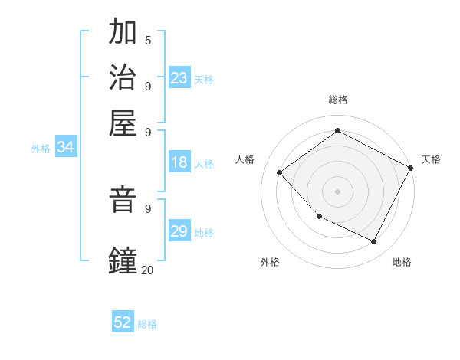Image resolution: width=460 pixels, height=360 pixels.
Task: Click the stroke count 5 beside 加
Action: point(148,40)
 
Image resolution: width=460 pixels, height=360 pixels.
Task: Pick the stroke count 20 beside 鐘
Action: point(147,270)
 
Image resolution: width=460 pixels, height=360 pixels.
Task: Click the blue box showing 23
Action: point(179,77)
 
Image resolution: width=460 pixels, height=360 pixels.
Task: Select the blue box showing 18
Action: point(179,162)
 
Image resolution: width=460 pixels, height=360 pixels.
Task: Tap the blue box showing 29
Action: point(179,231)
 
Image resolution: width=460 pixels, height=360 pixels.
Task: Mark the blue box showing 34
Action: point(65,148)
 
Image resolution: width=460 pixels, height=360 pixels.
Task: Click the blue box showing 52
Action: point(123,322)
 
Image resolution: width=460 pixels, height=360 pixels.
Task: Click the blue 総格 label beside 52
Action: point(147,324)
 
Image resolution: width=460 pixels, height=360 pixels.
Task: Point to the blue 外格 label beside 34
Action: point(41,149)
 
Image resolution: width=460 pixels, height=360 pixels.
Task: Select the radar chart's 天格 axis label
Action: point(431,159)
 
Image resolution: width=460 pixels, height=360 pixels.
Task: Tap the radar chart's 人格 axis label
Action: point(245,159)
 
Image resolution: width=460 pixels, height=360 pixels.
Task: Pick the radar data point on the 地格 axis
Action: point(374,242)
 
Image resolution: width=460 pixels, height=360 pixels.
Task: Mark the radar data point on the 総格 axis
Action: point(337,131)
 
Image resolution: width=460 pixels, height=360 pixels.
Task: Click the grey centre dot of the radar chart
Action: point(337,191)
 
